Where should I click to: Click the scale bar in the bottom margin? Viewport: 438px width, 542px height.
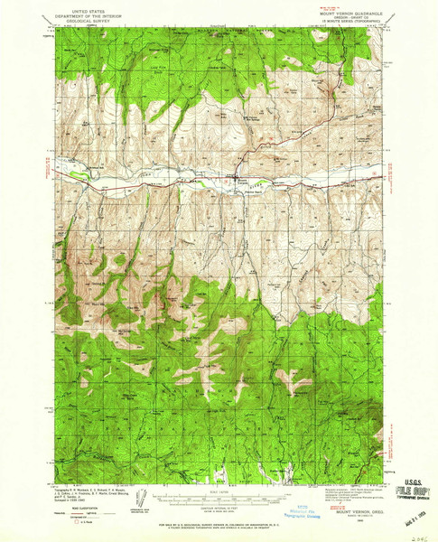[x=216, y=495]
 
